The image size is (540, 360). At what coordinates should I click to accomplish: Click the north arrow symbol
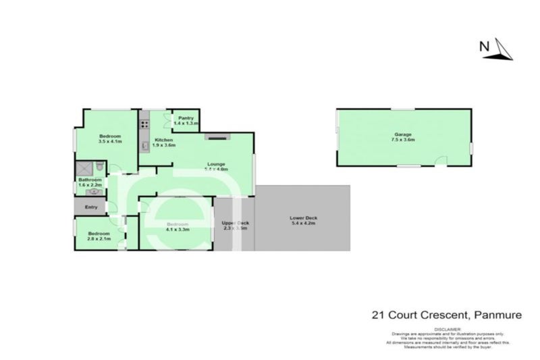pos(502,49)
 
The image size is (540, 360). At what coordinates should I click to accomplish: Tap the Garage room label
pos(404,134)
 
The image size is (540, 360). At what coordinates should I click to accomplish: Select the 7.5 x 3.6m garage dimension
pos(404,140)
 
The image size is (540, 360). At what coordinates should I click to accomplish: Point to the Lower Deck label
pos(302,218)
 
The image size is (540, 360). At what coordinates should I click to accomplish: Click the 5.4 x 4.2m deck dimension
pos(302,224)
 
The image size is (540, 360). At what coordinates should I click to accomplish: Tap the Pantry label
pos(186,118)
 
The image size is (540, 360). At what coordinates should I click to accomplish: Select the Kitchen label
pos(163,140)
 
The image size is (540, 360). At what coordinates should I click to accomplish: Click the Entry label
pos(91,207)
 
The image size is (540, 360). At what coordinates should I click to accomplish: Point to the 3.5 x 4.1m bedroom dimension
pos(109,142)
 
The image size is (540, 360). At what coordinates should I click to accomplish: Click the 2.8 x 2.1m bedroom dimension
pos(99,238)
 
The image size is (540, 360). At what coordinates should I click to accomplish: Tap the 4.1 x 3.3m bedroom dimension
pos(178,230)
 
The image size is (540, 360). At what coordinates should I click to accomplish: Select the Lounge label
pos(215,164)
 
